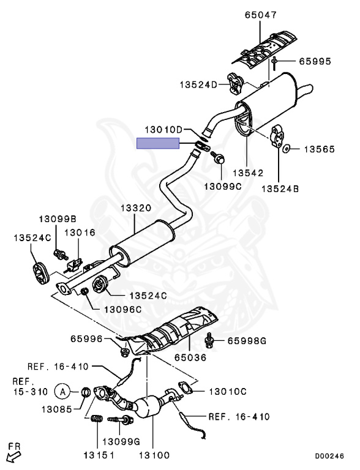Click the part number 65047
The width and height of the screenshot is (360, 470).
pos(260,15)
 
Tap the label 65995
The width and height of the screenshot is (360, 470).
pos(315,61)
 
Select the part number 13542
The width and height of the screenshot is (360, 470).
pos(248,173)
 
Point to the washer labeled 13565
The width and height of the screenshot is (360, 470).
pos(287,148)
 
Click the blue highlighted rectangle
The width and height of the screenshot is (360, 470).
pos(158,143)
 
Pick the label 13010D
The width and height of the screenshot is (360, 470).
pos(163,130)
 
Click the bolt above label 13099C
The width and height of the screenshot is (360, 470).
pos(218,157)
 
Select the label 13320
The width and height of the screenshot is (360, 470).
pos(135,208)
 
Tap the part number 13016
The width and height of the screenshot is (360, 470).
pos(80,233)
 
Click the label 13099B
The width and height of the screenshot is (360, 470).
pos(58,219)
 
